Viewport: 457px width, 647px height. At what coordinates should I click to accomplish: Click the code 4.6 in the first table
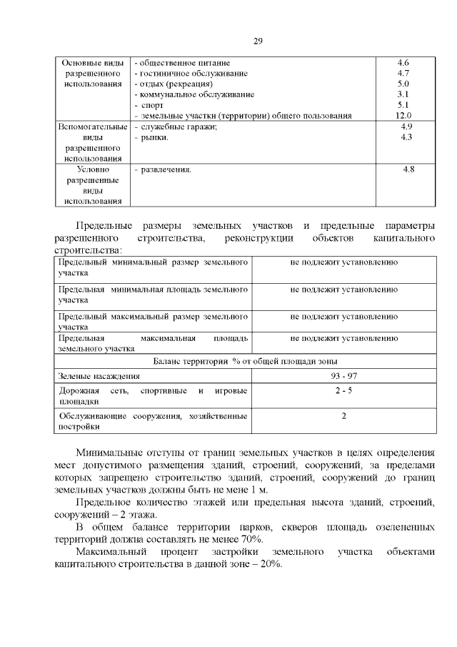(x=403, y=63)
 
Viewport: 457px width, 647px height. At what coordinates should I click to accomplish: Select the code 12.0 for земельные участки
(x=403, y=115)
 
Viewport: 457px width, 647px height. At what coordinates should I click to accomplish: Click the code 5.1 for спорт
(x=403, y=104)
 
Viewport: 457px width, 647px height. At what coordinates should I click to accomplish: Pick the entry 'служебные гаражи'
(x=176, y=127)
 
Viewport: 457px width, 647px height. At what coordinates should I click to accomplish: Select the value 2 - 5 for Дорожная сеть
(x=343, y=391)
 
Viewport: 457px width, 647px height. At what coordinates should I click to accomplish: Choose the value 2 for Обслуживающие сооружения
(x=343, y=416)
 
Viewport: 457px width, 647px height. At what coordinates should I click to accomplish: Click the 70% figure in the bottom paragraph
(x=251, y=538)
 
